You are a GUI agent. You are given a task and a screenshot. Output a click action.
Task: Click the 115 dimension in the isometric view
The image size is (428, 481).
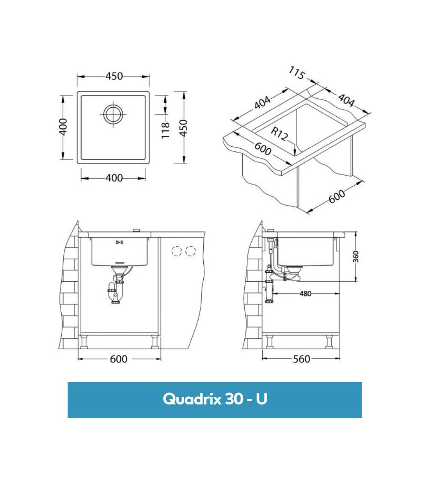click(x=296, y=73)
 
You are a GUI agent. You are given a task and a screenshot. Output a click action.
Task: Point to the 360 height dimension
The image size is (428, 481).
click(x=356, y=257)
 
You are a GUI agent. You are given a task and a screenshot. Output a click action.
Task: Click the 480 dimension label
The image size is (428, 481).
click(x=306, y=294)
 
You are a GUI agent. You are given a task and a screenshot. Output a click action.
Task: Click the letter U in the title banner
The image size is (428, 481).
click(x=262, y=399)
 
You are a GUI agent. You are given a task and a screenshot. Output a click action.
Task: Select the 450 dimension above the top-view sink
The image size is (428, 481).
click(x=114, y=76)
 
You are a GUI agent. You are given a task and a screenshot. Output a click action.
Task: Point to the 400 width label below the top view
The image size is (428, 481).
click(x=114, y=178)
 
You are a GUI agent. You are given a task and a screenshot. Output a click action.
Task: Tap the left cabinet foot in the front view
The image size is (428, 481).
click(x=84, y=342)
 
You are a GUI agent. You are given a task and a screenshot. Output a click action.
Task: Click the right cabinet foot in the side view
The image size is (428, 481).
click(x=329, y=342)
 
